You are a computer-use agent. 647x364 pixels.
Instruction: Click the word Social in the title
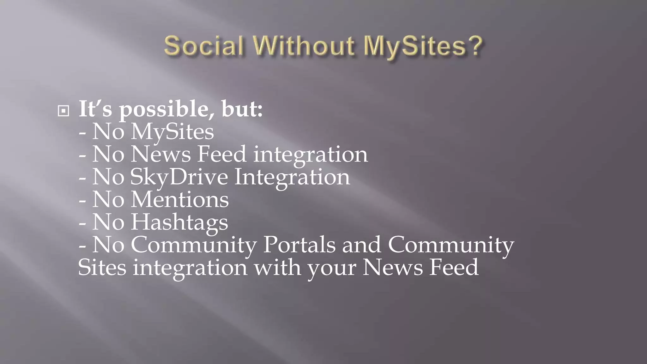click(204, 46)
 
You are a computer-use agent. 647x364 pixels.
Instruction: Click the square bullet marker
click(63, 111)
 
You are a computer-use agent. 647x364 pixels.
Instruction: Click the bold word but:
click(242, 109)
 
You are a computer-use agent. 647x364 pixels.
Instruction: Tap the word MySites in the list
click(172, 132)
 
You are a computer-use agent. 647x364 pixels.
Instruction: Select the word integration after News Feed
click(311, 155)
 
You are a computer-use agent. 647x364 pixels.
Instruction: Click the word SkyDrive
click(179, 177)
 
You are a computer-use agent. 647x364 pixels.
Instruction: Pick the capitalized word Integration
click(292, 177)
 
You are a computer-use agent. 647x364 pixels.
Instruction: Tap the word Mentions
click(180, 200)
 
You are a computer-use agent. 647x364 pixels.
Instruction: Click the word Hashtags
click(179, 222)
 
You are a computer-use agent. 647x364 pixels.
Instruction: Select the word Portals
click(299, 245)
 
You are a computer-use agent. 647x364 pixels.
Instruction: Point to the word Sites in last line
click(102, 267)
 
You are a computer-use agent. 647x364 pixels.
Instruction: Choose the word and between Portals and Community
click(362, 245)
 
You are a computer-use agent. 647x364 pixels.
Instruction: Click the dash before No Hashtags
click(82, 223)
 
